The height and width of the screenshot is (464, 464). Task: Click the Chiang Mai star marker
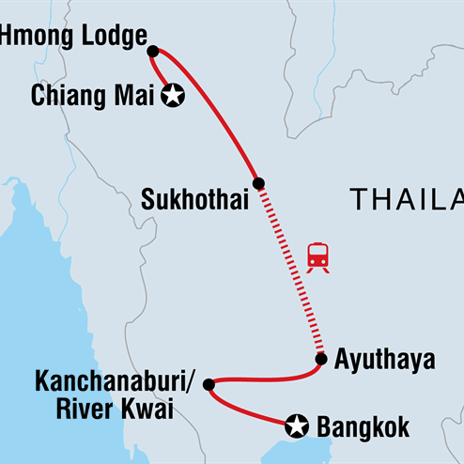tap(173, 95)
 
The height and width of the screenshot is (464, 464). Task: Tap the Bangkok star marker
tap(298, 426)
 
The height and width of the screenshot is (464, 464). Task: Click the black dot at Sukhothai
tap(258, 183)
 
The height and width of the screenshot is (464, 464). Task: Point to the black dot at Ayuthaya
tap(321, 359)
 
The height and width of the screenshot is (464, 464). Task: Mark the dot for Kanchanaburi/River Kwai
tap(209, 384)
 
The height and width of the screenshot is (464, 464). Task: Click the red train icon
tap(317, 256)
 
